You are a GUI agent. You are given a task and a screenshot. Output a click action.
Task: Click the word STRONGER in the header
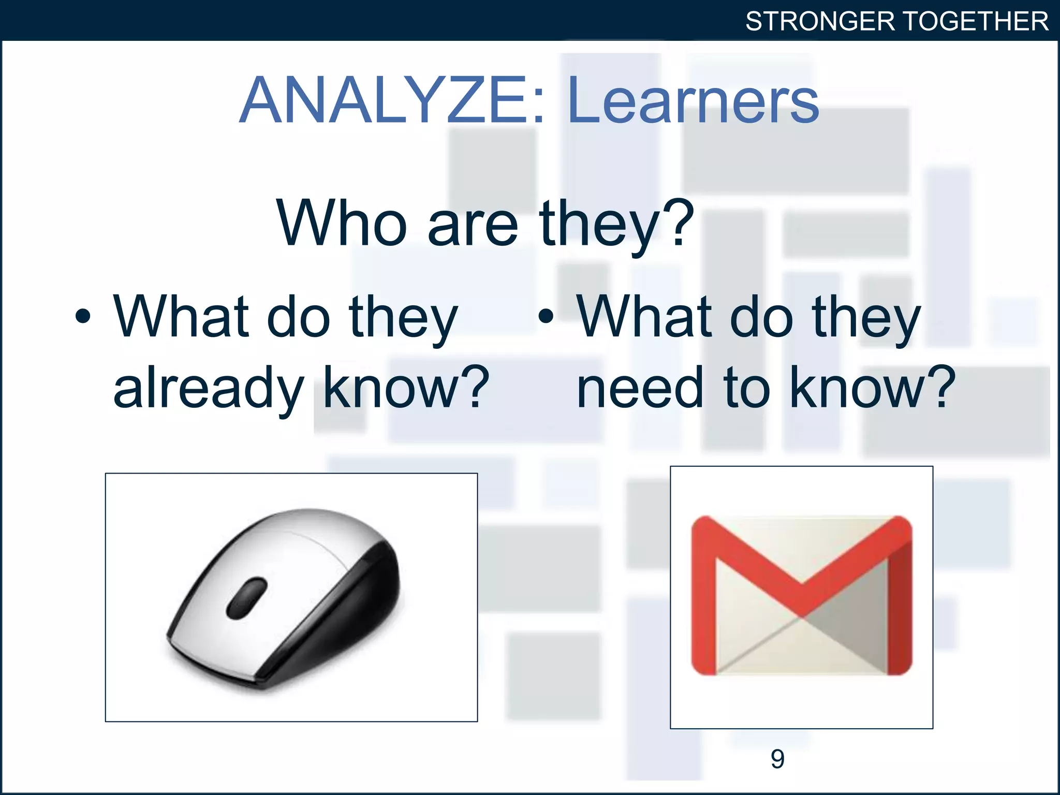click(x=820, y=22)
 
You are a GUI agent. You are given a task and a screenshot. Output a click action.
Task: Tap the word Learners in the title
click(x=693, y=101)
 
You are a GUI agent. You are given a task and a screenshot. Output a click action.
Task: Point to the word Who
click(x=342, y=224)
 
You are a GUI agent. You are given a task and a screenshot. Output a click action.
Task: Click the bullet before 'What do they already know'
click(x=83, y=316)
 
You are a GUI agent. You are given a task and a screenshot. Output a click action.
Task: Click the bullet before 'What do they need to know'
click(x=546, y=316)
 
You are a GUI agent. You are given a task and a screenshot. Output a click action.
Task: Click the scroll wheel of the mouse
click(x=247, y=598)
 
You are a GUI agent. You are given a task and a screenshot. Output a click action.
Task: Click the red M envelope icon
click(x=801, y=595)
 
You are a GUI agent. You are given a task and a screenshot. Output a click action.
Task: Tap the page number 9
click(x=777, y=759)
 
